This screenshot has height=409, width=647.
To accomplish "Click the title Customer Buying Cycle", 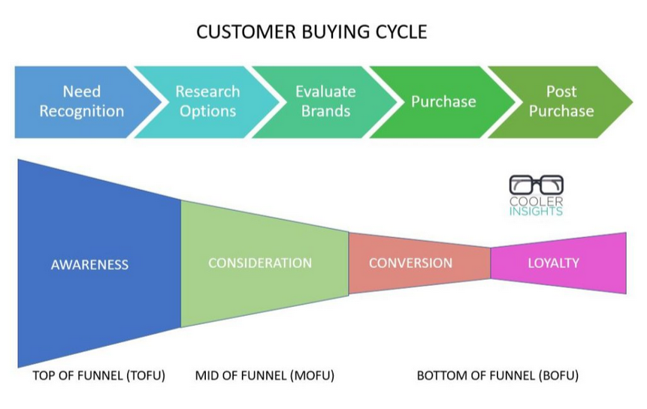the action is tap(312, 32).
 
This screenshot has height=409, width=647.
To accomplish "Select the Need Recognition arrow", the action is tap(83, 102).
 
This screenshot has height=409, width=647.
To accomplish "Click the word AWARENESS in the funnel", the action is tap(89, 264).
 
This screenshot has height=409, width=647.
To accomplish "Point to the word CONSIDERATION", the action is tap(260, 263).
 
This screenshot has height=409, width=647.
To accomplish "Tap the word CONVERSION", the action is tap(410, 263).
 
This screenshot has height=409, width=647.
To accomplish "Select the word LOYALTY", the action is tap(553, 263).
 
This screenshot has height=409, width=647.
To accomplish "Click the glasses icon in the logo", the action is tap(536, 185).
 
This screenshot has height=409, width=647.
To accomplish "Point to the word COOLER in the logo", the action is tap(536, 201).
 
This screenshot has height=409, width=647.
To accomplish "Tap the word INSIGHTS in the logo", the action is tap(536, 212).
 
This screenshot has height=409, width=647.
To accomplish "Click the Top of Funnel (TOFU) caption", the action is tap(99, 376).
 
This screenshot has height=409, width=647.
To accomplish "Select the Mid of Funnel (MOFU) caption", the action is tap(265, 376).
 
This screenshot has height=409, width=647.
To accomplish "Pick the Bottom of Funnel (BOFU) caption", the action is tap(497, 376).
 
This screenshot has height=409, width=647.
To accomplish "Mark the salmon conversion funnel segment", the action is tap(419, 263).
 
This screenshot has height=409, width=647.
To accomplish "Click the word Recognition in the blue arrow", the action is tap(82, 111).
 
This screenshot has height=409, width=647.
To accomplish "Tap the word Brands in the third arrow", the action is tap(325, 111).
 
